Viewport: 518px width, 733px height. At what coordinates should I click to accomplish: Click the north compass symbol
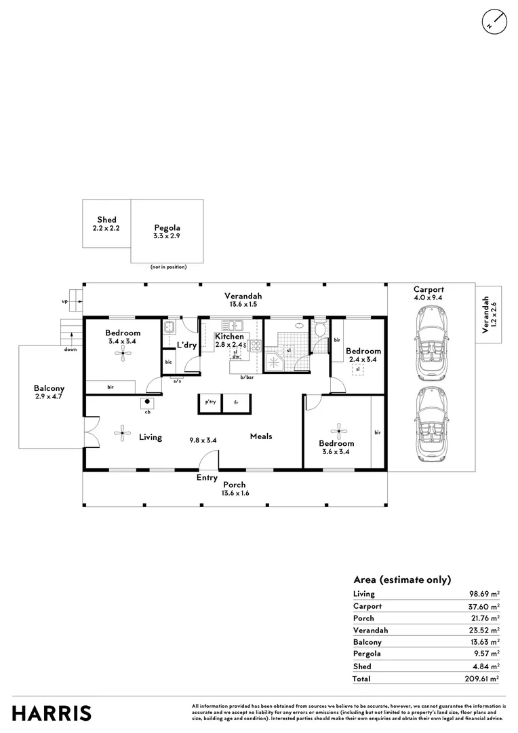pos(494,22)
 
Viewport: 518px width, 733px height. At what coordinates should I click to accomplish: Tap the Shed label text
pos(106,220)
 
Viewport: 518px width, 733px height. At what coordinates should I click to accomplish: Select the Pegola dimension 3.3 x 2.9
pos(167,236)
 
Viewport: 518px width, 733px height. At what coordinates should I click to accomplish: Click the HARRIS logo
pos(52,714)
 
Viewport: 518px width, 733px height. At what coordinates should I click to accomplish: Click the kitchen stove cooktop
pos(256,346)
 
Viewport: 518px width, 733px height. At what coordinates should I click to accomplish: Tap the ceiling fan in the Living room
pos(122,433)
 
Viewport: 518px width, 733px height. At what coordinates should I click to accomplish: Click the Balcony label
pos(49,388)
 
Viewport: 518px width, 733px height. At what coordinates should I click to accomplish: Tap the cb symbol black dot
pos(148,401)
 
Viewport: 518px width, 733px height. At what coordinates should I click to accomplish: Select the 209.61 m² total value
pos(482,679)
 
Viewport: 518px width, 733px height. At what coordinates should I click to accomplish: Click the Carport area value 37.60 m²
pos(484,606)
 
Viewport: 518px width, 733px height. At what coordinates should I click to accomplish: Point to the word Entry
pos(207,478)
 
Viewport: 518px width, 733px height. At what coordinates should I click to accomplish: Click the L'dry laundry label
pos(186,345)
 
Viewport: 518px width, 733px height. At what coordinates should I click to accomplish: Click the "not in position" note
pos(168,267)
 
